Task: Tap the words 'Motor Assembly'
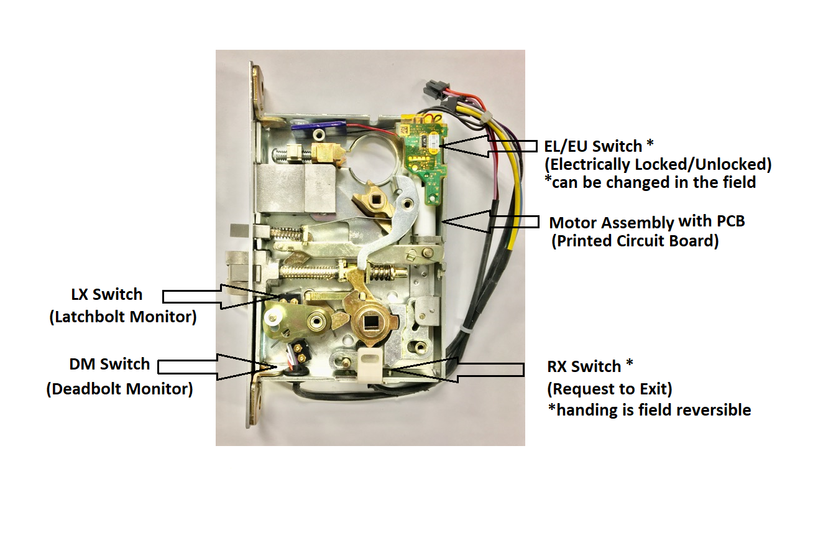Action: coord(611,223)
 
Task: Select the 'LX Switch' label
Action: coord(107,294)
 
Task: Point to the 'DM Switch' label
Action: coord(109,364)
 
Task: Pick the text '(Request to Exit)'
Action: coord(609,389)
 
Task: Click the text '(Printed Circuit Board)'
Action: coord(635,241)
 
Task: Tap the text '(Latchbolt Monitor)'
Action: coord(122,317)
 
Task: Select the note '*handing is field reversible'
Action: coord(649,410)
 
